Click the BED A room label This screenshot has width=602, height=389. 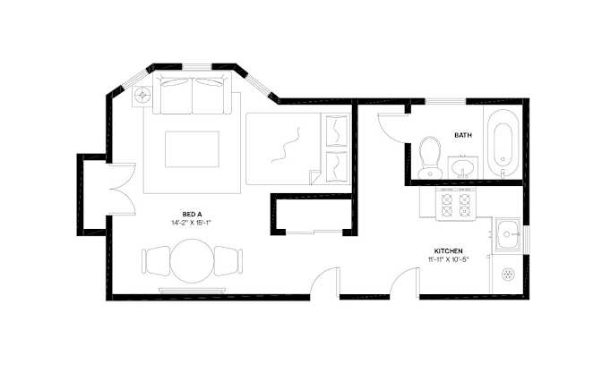(x=192, y=215)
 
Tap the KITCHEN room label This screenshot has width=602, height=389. (x=449, y=251)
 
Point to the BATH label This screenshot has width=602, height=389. (x=463, y=135)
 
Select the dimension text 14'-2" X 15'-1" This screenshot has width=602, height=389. (x=192, y=223)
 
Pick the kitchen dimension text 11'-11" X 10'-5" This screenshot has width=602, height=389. (x=449, y=259)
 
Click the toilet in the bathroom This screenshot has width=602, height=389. (x=430, y=157)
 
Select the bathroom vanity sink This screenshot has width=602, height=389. (x=462, y=167)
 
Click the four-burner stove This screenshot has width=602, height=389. (x=456, y=204)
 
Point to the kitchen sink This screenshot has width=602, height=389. (x=507, y=234)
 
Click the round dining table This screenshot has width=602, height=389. (x=192, y=261)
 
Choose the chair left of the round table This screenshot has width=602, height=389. (x=156, y=260)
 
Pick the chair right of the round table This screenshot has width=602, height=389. (x=228, y=260)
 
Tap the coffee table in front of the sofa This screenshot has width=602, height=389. (x=192, y=149)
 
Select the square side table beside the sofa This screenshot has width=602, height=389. (x=142, y=95)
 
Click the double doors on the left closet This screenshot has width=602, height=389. (x=122, y=190)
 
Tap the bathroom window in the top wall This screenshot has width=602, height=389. (x=445, y=101)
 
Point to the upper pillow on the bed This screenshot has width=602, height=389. (x=336, y=131)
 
